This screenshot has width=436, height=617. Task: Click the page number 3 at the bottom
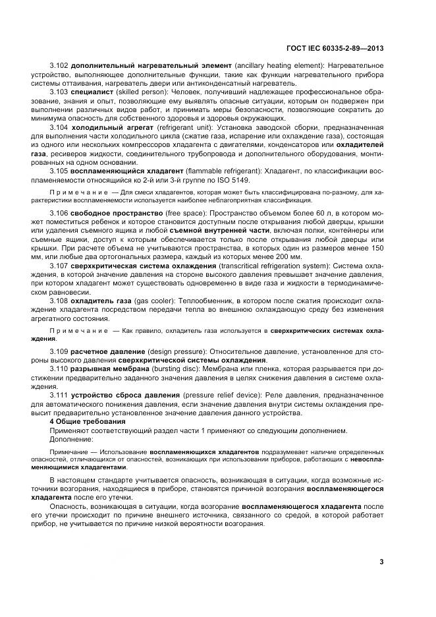click(x=382, y=562)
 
